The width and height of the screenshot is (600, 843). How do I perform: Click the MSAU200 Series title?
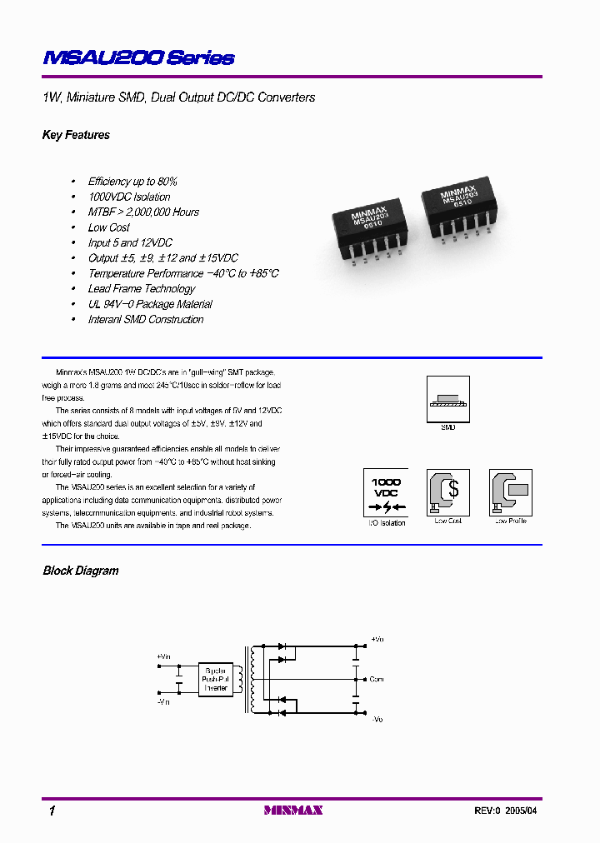pyautogui.click(x=138, y=58)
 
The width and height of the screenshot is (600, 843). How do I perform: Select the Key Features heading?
pyautogui.click(x=76, y=135)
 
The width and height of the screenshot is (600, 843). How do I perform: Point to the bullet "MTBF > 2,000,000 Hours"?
pyautogui.click(x=143, y=212)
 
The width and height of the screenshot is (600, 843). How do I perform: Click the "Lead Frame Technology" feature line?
pyautogui.click(x=142, y=288)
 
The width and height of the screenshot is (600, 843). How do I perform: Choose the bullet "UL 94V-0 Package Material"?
pyautogui.click(x=150, y=304)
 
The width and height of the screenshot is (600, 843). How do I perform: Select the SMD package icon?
pyautogui.click(x=448, y=398)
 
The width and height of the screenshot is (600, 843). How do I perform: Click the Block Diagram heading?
pyautogui.click(x=81, y=571)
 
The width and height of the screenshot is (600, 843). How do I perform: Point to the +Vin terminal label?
pyautogui.click(x=162, y=656)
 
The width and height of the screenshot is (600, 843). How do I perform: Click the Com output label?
pyautogui.click(x=377, y=679)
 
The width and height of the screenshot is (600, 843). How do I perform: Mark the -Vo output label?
pyautogui.click(x=377, y=718)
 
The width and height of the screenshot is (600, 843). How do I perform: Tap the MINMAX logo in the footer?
pyautogui.click(x=293, y=810)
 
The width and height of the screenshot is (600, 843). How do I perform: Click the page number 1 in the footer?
pyautogui.click(x=52, y=811)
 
